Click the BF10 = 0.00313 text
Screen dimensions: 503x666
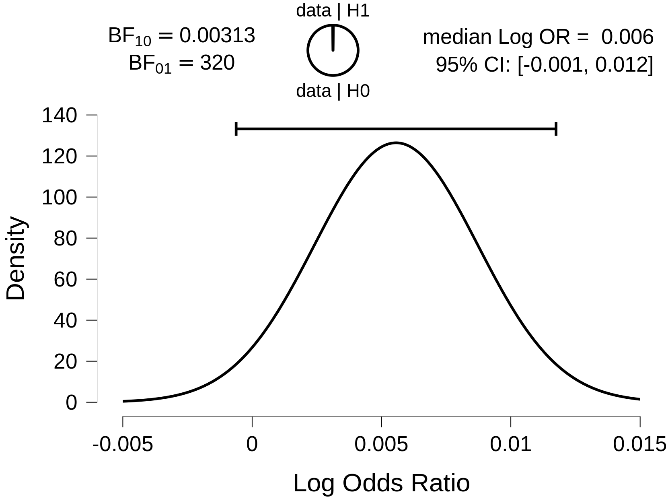click(181, 36)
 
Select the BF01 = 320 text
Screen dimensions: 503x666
click(181, 64)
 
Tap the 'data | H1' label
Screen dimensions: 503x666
click(333, 11)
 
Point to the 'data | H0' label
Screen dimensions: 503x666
click(333, 91)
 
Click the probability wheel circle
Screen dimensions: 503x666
click(333, 50)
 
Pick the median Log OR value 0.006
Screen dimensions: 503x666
click(627, 37)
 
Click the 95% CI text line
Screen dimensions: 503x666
click(544, 64)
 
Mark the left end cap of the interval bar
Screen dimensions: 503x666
click(236, 129)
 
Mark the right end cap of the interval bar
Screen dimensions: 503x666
click(556, 129)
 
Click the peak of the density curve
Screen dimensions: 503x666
click(396, 143)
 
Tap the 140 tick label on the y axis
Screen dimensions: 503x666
click(59, 115)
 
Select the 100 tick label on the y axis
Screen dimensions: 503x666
click(59, 198)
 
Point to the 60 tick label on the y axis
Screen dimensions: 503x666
click(65, 279)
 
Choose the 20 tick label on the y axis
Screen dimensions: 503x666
click(65, 362)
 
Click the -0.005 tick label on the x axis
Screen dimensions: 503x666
click(123, 445)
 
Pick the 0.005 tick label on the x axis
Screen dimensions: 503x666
click(381, 445)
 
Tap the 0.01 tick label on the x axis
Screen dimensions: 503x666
click(511, 445)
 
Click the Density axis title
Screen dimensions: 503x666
click(16, 258)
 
